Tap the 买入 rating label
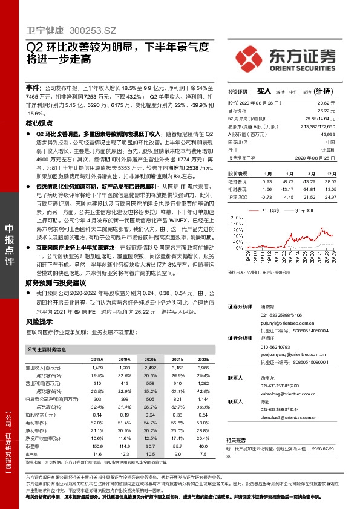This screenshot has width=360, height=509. tap(263, 91)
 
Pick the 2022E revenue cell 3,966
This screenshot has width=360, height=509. tap(203, 368)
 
